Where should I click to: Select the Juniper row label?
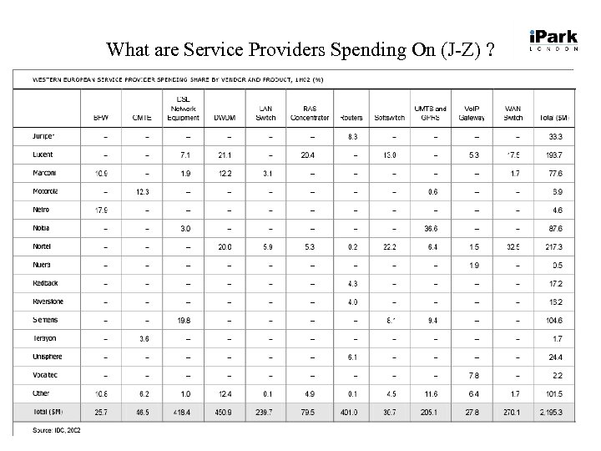(x=44, y=135)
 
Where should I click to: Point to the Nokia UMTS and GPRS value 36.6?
(x=431, y=228)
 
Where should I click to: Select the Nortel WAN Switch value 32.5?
(x=513, y=246)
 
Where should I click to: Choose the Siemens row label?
(x=46, y=320)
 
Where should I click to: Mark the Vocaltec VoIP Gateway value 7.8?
(x=474, y=375)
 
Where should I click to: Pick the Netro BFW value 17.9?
(x=100, y=210)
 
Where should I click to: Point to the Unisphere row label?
(x=48, y=357)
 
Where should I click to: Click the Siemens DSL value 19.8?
(x=184, y=320)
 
